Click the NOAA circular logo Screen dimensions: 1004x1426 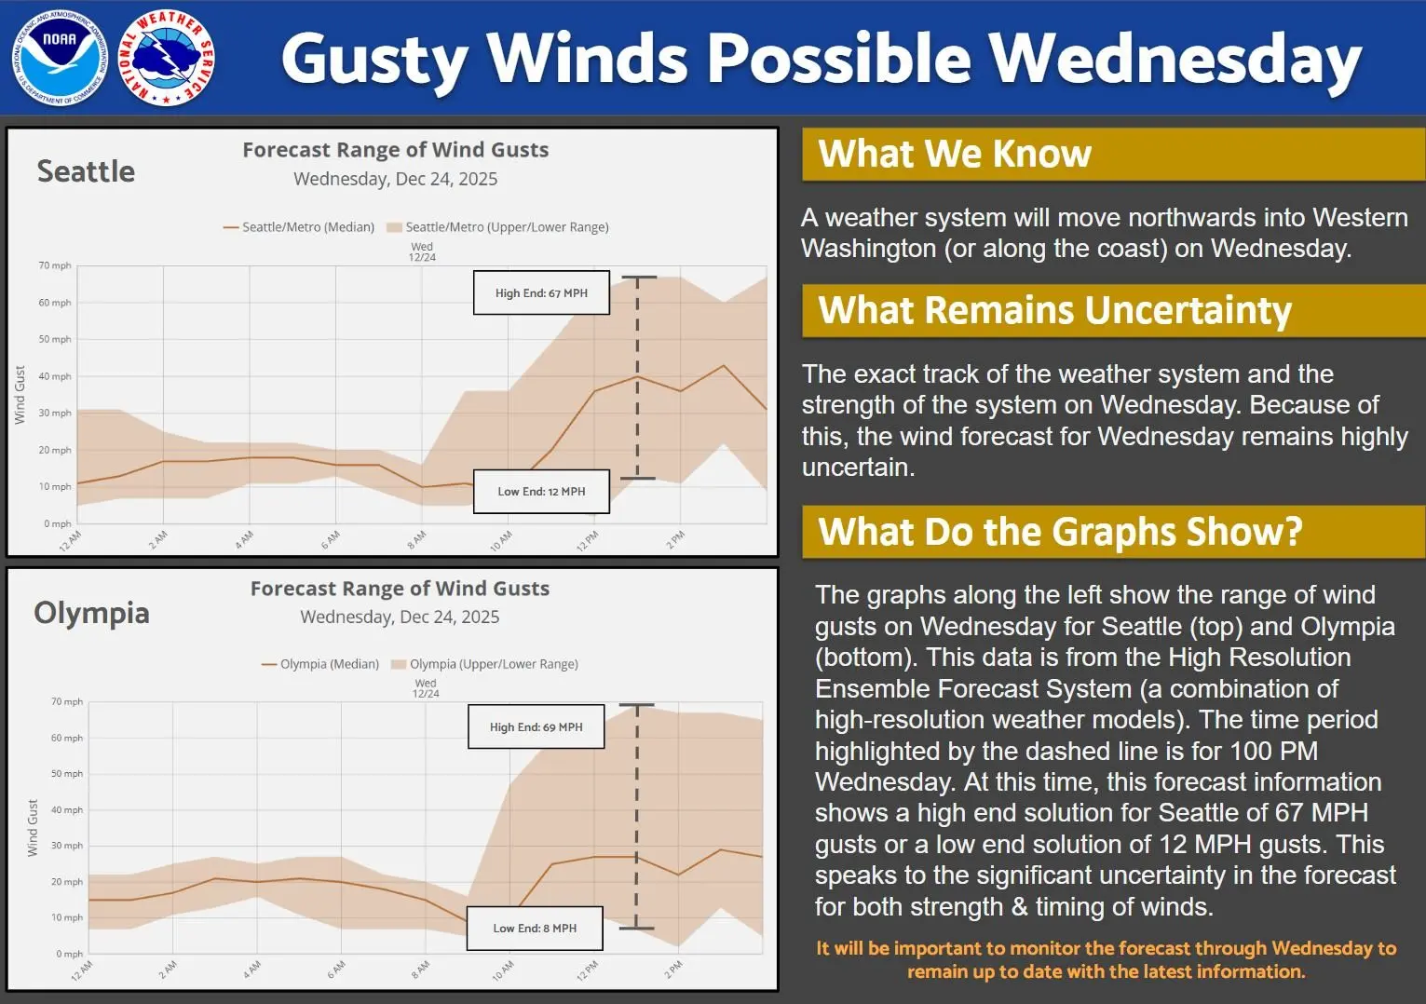pyautogui.click(x=60, y=58)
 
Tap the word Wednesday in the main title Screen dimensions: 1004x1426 pyautogui.click(x=1175, y=59)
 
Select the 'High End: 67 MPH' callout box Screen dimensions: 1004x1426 pyautogui.click(x=541, y=292)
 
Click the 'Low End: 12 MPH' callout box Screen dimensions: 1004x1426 pyautogui.click(x=541, y=491)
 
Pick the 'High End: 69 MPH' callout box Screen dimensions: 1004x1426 pyautogui.click(x=536, y=726)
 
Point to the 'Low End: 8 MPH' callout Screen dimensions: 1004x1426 pyautogui.click(x=535, y=928)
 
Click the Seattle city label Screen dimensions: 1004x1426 pyautogui.click(x=86, y=171)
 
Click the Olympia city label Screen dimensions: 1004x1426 pyautogui.click(x=91, y=613)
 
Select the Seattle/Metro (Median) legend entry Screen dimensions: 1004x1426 pyautogui.click(x=299, y=227)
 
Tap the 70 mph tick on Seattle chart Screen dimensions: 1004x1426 pyautogui.click(x=54, y=265)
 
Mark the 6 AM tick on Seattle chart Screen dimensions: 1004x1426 pyautogui.click(x=331, y=539)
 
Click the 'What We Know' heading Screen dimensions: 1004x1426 pyautogui.click(x=954, y=154)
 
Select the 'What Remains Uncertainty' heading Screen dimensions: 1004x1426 pyautogui.click(x=1054, y=310)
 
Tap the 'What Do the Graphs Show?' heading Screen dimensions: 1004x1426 pyautogui.click(x=1060, y=532)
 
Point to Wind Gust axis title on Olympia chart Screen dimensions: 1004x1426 pyautogui.click(x=33, y=827)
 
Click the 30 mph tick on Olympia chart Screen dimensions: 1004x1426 pyautogui.click(x=66, y=846)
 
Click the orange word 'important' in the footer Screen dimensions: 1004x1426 pyautogui.click(x=937, y=948)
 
